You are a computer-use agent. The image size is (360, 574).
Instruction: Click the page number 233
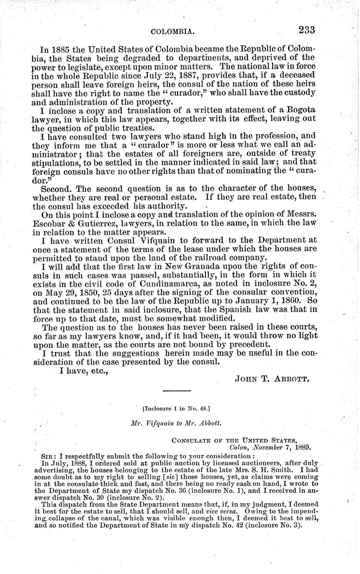(306, 30)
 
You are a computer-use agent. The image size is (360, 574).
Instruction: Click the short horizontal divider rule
(176, 391)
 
